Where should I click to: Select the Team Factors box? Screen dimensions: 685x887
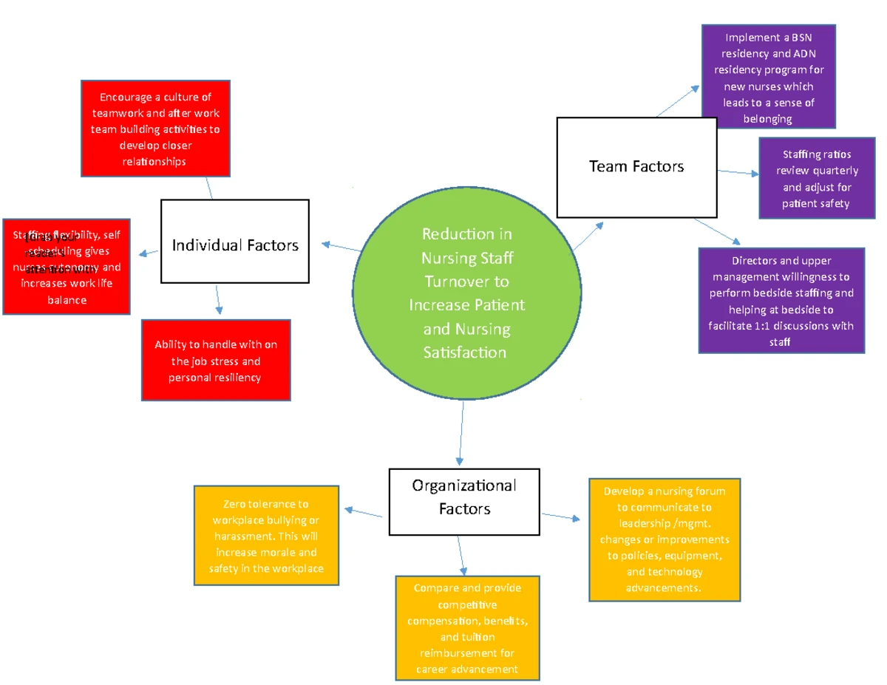click(636, 167)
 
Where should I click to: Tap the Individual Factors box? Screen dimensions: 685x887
click(235, 242)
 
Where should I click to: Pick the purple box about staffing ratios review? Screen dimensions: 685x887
click(816, 178)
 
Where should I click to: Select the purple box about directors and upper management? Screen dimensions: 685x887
click(781, 300)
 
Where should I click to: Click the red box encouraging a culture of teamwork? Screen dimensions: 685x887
click(155, 129)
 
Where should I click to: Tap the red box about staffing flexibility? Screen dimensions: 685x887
click(67, 266)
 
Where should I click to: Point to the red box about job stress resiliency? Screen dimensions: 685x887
click(215, 360)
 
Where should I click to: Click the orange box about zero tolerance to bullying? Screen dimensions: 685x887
click(266, 536)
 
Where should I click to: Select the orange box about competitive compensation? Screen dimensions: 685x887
click(467, 628)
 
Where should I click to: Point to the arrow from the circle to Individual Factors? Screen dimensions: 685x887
click(341, 247)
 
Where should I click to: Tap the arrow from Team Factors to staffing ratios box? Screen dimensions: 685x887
click(737, 174)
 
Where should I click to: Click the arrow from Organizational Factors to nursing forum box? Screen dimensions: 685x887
click(561, 516)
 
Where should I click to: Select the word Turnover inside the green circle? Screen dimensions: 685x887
click(466, 282)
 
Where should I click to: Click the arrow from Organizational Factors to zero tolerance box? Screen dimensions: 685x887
click(364, 512)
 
